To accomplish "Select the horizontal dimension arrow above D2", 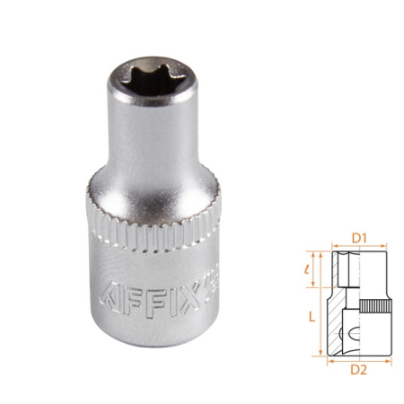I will [358, 361].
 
